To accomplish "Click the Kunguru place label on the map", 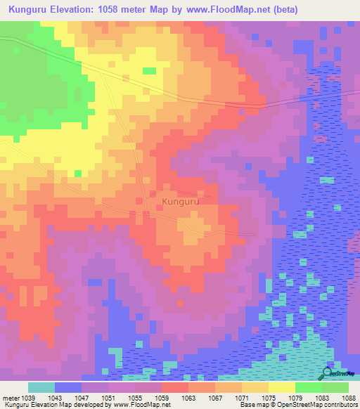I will (x=181, y=202).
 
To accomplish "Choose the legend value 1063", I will (x=189, y=397).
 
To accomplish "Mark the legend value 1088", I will (x=349, y=397).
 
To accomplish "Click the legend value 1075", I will (x=269, y=397).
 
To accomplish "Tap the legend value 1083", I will (x=322, y=397).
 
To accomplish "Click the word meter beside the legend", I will (x=11, y=397).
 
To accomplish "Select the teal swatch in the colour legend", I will (x=41, y=387).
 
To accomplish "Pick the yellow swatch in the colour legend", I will (x=281, y=387).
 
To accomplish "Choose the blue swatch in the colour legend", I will (x=67, y=387).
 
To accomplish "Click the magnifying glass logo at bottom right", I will (x=328, y=373).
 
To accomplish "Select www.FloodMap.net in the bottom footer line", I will (x=141, y=405).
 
